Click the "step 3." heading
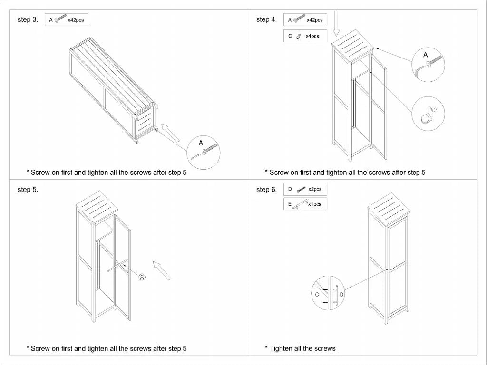(x=28, y=19)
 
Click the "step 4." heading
(x=266, y=19)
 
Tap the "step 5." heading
(x=28, y=190)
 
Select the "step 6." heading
(x=266, y=190)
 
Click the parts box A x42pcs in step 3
(x=67, y=20)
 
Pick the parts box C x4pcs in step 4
(x=305, y=36)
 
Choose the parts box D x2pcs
(x=305, y=189)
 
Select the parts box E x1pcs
(x=305, y=204)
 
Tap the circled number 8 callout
(x=141, y=277)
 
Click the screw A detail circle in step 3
(x=203, y=150)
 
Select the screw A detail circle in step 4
(x=428, y=64)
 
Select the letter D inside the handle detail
(x=341, y=295)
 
